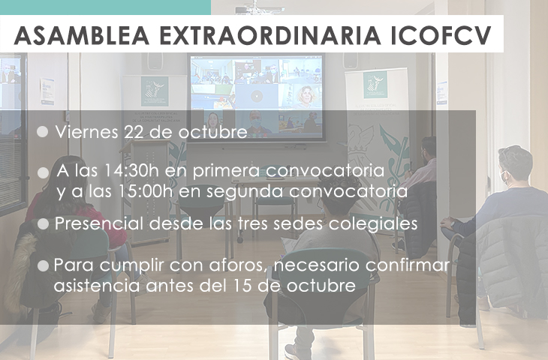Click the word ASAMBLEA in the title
pyautogui.click(x=82, y=35)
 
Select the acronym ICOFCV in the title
pyautogui.click(x=441, y=35)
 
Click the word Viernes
pyautogui.click(x=86, y=132)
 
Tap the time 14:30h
pyautogui.click(x=131, y=171)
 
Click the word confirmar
pyautogui.click(x=408, y=265)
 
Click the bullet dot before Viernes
pyautogui.click(x=42, y=132)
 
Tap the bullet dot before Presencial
pyautogui.click(x=43, y=224)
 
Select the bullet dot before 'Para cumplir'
pyautogui.click(x=43, y=266)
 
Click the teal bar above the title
pyautogui.click(x=105, y=7)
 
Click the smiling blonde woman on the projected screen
pyautogui.click(x=305, y=96)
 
